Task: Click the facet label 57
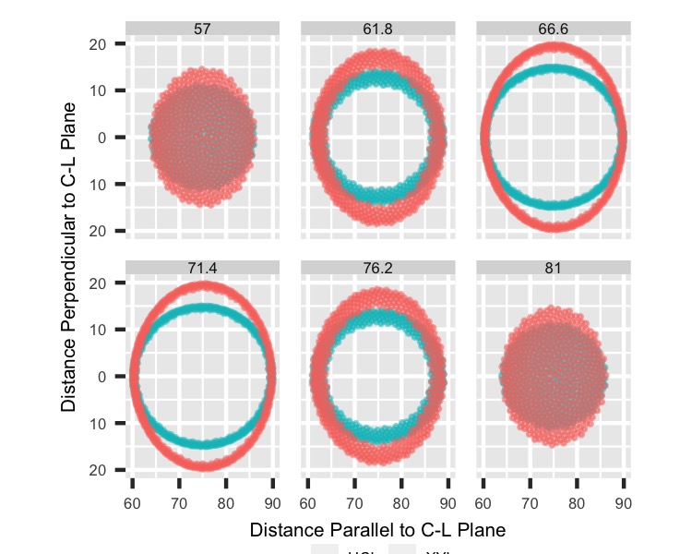(x=202, y=30)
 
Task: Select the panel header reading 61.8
(x=377, y=30)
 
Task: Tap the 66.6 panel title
(x=553, y=30)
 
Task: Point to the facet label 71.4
(x=202, y=268)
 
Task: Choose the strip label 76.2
(x=377, y=268)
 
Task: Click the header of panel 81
(x=553, y=268)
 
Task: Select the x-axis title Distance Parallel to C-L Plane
(x=377, y=531)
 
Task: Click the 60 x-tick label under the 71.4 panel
(x=132, y=503)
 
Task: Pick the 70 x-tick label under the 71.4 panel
(x=179, y=503)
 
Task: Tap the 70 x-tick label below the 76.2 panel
(x=354, y=503)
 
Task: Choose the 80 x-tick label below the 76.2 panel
(x=401, y=503)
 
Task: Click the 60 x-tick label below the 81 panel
(x=483, y=503)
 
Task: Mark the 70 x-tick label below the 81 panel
(x=530, y=503)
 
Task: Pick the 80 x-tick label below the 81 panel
(x=577, y=503)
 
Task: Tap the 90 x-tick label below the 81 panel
(x=623, y=503)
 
